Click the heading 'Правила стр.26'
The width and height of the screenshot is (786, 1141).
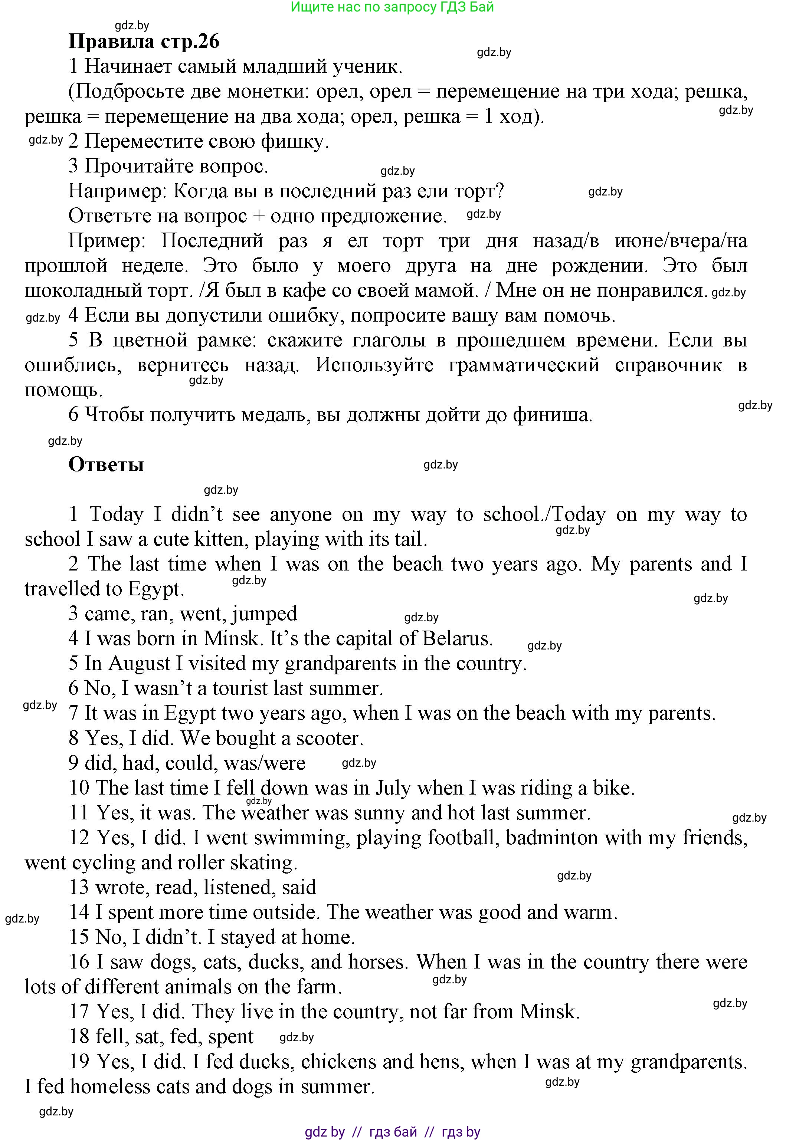pos(144,41)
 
